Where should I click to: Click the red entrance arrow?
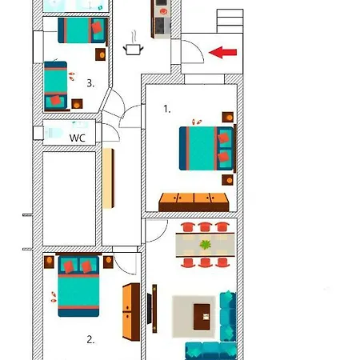(222, 52)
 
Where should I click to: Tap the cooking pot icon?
(134, 46)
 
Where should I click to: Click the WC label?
(78, 138)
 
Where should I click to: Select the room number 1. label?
(167, 109)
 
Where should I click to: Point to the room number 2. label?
(90, 339)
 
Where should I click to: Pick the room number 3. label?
(90, 83)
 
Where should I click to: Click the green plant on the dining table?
(206, 245)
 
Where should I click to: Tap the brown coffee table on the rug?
(202, 317)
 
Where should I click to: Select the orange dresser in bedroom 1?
(194, 202)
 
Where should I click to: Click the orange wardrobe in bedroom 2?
(131, 312)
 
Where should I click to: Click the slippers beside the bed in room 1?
(197, 122)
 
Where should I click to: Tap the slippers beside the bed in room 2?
(54, 297)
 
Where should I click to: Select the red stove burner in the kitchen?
(163, 11)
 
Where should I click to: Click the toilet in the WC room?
(54, 133)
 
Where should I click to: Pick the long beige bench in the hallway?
(109, 178)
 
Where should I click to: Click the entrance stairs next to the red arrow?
(230, 22)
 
